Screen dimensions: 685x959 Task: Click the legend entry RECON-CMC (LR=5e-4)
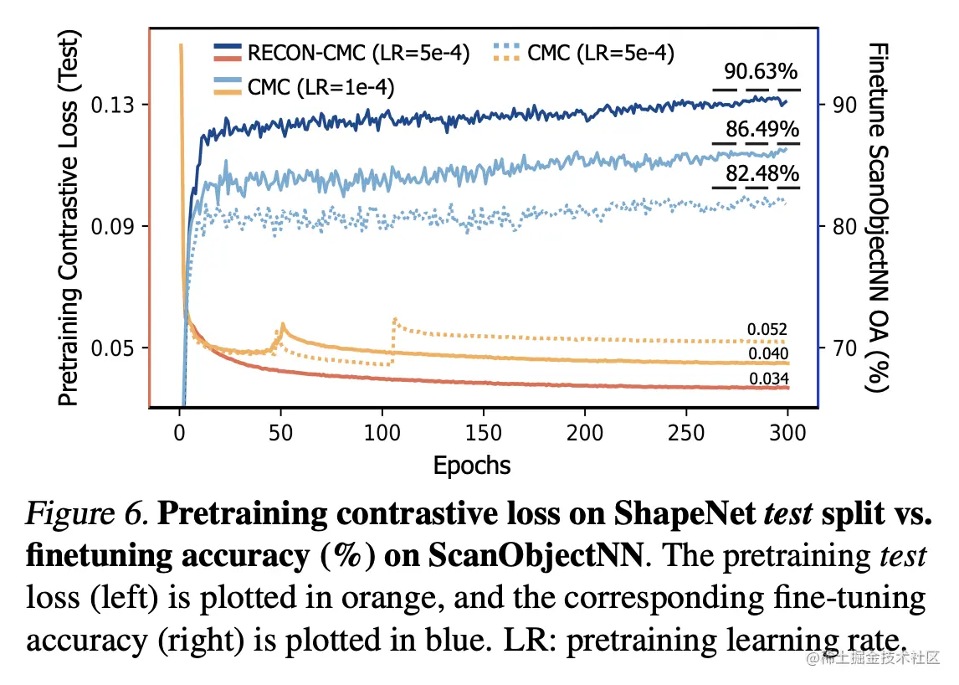click(358, 54)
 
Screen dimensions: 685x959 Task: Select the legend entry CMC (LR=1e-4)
click(321, 85)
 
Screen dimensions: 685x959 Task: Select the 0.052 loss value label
click(767, 329)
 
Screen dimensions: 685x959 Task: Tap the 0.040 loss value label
click(767, 353)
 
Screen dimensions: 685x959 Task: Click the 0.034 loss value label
click(767, 379)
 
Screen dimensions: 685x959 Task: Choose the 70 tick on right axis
click(843, 348)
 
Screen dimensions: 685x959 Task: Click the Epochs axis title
click(471, 465)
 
